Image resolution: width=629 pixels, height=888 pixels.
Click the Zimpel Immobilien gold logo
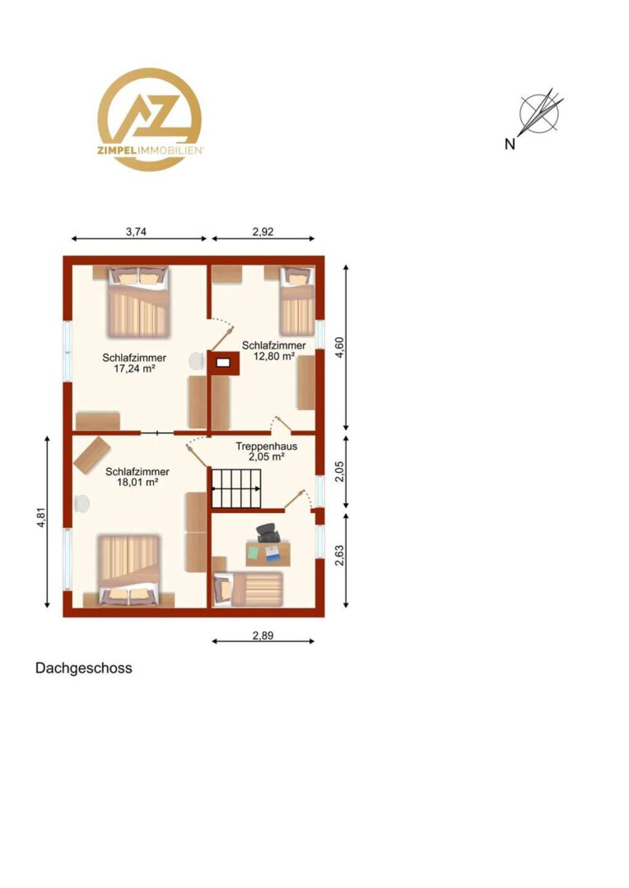[150, 119]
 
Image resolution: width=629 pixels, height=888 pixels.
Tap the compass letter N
[510, 145]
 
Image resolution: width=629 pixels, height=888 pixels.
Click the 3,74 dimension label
[136, 231]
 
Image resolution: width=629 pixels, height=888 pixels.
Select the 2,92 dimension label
[263, 231]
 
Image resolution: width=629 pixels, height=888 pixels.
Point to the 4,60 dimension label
[339, 347]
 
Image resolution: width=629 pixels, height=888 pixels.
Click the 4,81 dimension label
[41, 517]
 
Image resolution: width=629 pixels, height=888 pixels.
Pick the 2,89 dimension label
[263, 636]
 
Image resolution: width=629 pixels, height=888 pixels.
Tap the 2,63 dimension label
[339, 556]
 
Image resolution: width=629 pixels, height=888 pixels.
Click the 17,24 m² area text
[134, 368]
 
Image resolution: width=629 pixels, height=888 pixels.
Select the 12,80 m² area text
[274, 356]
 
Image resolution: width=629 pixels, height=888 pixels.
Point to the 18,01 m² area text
[137, 482]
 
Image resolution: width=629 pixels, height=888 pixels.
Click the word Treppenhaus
[267, 446]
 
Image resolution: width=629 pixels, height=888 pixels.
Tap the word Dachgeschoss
[84, 668]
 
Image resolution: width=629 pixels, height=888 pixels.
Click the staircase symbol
[238, 488]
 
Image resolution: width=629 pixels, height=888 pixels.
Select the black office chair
[268, 533]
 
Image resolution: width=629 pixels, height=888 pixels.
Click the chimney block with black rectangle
[223, 363]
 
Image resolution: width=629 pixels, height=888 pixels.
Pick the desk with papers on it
[268, 554]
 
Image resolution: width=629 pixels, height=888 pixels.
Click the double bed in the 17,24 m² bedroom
[139, 303]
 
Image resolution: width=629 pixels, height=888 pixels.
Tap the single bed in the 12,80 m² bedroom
[296, 301]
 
